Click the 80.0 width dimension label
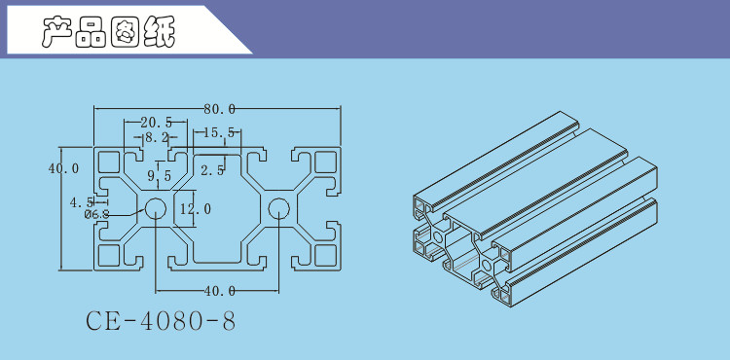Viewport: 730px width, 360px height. coord(219,109)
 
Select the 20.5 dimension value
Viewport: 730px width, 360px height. coord(157,123)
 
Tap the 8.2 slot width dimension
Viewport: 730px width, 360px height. coord(156,137)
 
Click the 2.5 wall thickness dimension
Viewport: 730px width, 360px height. coord(213,170)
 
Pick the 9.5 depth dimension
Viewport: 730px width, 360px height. coord(160,176)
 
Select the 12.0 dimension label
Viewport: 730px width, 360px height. coord(196,209)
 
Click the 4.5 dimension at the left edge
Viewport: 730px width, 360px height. coord(81,202)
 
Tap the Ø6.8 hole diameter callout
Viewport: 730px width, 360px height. coord(96,214)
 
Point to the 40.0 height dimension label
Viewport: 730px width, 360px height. coord(64,168)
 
